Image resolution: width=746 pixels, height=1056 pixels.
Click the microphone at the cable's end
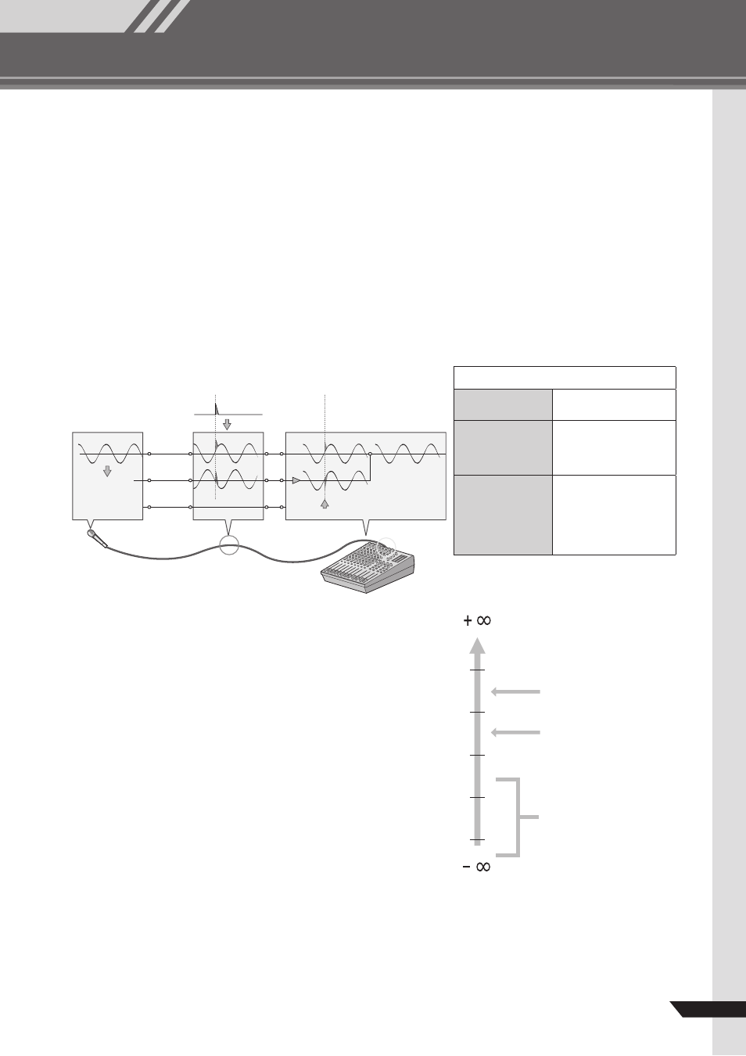click(97, 538)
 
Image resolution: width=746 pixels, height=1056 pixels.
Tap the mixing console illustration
click(368, 567)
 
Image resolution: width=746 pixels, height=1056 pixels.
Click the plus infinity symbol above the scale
click(477, 620)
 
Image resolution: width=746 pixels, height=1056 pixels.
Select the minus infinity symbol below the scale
click(476, 867)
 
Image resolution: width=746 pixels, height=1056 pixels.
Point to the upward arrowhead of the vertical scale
click(477, 645)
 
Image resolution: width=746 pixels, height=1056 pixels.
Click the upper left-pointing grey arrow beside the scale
click(515, 692)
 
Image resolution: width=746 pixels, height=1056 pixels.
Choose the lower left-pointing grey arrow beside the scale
click(515, 733)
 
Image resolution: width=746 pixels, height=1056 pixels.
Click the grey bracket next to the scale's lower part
click(518, 817)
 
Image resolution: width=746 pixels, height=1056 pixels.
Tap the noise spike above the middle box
click(217, 409)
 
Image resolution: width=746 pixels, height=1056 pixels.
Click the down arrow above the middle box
click(227, 424)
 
